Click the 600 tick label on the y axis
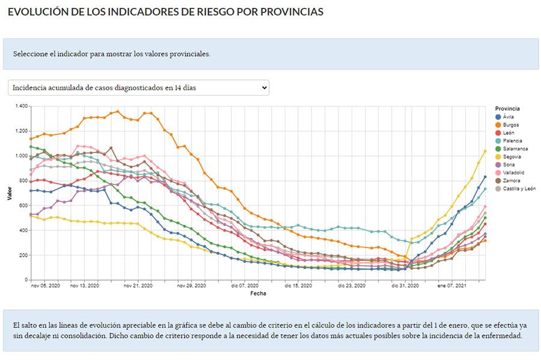23,206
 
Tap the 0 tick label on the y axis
26,280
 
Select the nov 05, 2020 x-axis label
46,287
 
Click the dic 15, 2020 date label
298,287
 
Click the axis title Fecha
258,294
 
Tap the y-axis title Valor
10,192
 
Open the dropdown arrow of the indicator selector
264,88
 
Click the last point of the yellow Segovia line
485,151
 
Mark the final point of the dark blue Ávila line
485,177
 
